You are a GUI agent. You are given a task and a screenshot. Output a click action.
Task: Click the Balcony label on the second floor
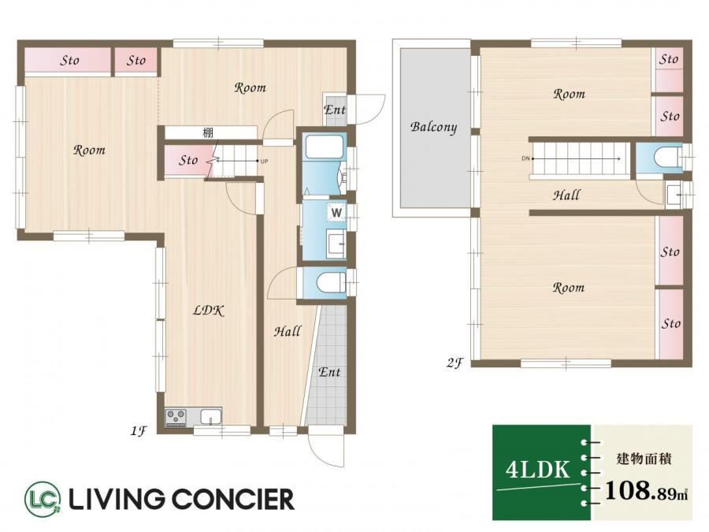(433, 127)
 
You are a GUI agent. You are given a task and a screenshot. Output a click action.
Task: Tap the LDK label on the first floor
(209, 311)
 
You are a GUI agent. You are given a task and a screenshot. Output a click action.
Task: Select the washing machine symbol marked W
(336, 212)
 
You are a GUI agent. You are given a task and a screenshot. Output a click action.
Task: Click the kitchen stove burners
(176, 417)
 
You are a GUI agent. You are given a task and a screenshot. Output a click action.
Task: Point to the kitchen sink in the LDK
(210, 417)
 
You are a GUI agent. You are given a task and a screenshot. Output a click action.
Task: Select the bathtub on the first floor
(325, 147)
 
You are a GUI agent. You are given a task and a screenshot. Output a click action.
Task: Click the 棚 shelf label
(207, 133)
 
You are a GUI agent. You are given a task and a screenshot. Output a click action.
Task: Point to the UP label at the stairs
(265, 161)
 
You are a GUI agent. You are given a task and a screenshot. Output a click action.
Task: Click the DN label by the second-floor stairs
(525, 158)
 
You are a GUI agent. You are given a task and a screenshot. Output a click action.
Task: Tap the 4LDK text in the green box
(537, 470)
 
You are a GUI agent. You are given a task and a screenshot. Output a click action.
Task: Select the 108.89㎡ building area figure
(646, 491)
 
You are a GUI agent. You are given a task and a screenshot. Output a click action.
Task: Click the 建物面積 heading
(644, 459)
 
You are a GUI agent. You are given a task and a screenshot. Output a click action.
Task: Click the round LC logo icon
(43, 499)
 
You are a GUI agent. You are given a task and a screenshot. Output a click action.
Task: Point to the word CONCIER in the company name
(233, 499)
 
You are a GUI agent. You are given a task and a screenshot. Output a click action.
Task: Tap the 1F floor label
(139, 430)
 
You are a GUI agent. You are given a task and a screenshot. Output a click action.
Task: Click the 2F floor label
(455, 363)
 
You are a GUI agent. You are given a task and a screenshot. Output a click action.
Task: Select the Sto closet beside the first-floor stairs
(187, 161)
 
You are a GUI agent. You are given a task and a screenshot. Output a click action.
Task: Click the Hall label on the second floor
(566, 195)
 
